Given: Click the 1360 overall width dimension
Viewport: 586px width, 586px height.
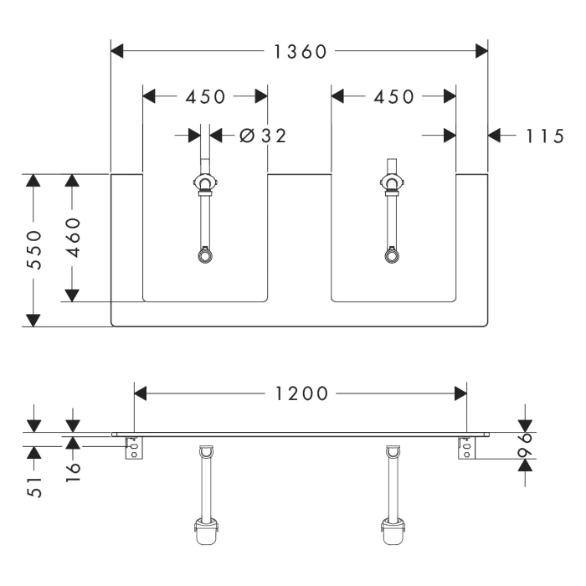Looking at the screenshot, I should click(x=301, y=52).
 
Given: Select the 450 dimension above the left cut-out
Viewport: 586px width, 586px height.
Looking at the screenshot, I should click(x=205, y=96).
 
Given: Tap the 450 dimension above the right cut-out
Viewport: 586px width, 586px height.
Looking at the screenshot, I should click(x=393, y=96).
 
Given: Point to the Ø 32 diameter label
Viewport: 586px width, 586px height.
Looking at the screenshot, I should click(x=262, y=136).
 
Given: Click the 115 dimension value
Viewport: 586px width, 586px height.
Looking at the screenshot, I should click(x=544, y=136).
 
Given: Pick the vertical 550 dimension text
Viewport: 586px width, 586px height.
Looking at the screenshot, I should click(x=33, y=250).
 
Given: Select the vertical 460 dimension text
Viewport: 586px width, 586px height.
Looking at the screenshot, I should click(x=73, y=238).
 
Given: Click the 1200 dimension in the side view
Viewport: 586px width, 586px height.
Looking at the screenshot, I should click(x=301, y=393).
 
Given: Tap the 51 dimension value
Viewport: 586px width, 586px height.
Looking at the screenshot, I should click(x=33, y=486).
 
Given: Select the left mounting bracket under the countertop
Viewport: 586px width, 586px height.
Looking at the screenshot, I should click(x=134, y=448).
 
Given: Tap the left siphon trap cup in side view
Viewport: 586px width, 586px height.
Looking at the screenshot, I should click(x=205, y=530).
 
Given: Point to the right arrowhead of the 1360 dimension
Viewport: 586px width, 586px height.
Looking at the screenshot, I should click(x=482, y=52).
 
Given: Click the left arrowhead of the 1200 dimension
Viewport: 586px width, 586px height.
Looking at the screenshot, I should click(x=141, y=393).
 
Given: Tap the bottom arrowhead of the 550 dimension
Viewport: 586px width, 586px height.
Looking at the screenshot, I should click(x=33, y=320).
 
